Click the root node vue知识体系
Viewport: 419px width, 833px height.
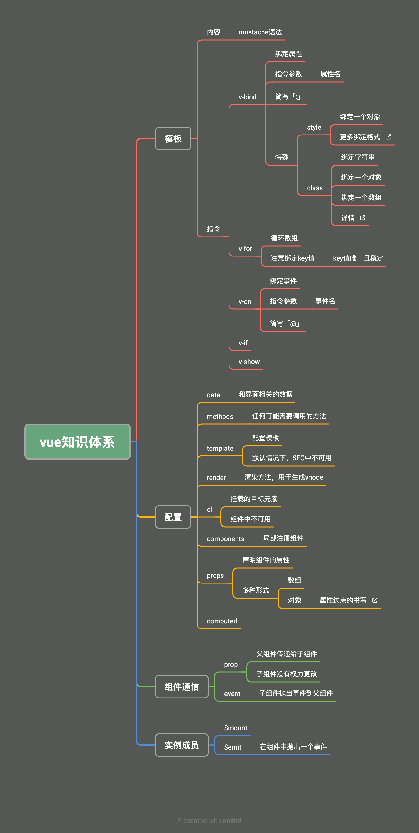coord(77,442)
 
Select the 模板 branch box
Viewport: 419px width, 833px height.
coord(173,138)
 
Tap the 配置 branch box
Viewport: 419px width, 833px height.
coord(173,517)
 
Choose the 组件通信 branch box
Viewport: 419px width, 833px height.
coord(182,686)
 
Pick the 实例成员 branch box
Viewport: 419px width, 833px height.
coord(182,745)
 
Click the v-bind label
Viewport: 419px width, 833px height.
coord(248,97)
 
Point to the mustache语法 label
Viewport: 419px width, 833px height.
coord(260,32)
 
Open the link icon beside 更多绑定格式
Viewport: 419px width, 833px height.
coord(388,137)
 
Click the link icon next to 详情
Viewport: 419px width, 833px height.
coord(363,218)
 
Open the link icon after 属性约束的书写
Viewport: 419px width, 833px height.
coord(375,600)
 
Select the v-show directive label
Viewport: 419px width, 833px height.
coord(249,362)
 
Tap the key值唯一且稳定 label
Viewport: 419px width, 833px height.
coord(358,258)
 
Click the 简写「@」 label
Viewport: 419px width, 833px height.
coord(285,324)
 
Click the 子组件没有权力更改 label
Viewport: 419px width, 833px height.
coord(287,674)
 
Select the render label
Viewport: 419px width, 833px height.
coord(216,478)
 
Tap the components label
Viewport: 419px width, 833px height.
coord(226,539)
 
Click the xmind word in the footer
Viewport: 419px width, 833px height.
coord(232,820)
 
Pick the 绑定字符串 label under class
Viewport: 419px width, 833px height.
coord(358,157)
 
